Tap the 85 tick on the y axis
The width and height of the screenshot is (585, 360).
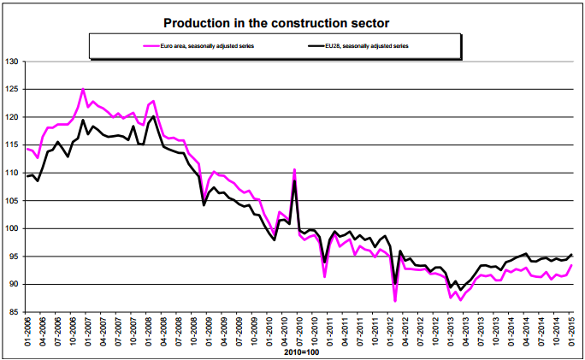15,312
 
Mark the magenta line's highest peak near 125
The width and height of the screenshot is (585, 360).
83,89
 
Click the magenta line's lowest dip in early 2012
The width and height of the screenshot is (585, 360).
395,301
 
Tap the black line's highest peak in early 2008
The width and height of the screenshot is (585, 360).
153,116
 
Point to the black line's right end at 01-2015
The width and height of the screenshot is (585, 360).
571,255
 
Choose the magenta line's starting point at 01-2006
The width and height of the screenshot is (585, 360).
27,149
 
